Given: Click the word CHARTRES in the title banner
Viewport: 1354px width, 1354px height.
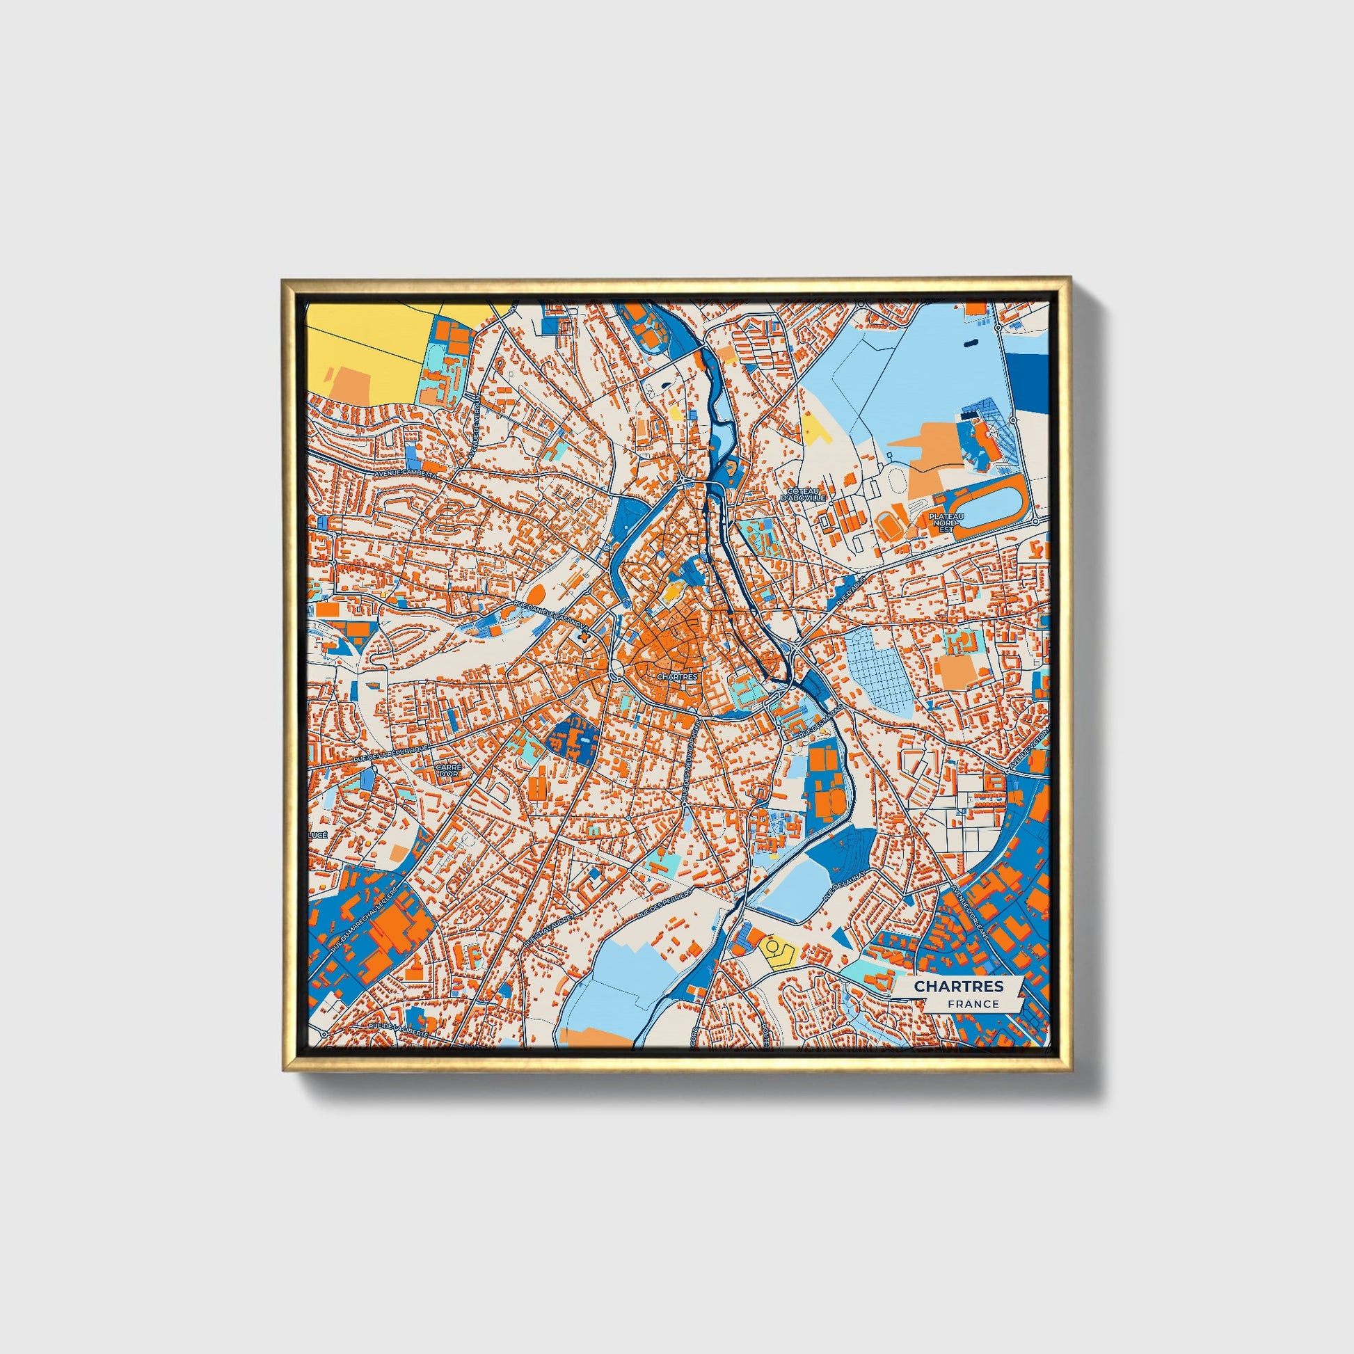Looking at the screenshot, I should tap(958, 986).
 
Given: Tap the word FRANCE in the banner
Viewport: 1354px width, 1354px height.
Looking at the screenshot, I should tap(973, 1003).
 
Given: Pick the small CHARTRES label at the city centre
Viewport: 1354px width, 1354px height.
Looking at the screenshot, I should tap(677, 677).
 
